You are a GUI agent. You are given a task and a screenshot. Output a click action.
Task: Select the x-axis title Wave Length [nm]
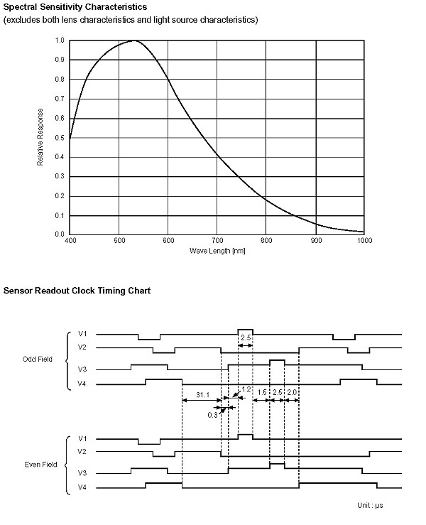tap(217, 251)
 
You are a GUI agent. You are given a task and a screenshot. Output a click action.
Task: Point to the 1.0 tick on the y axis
tap(60, 40)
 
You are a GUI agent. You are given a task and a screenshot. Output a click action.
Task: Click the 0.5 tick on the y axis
tap(60, 138)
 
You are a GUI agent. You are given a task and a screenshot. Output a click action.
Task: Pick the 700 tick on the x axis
tap(217, 242)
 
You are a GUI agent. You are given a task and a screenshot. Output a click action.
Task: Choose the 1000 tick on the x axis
tap(364, 242)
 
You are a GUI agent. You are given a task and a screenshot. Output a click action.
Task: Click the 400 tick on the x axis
tap(70, 242)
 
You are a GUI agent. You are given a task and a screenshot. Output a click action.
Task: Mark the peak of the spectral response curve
tap(134, 40)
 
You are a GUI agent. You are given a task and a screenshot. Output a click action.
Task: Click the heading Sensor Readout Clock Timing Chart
tap(77, 291)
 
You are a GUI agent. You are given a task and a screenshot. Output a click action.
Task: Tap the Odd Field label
tap(38, 359)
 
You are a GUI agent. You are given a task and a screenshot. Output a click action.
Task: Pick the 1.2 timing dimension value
tap(247, 390)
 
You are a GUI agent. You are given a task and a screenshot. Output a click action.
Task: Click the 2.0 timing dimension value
tap(291, 393)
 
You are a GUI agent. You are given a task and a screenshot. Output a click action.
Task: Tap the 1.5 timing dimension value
tap(261, 393)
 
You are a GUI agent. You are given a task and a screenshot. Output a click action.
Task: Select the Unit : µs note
tap(371, 506)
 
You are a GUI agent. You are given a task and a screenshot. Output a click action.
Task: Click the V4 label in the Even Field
tap(83, 487)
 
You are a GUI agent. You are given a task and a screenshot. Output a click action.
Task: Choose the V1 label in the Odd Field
tap(83, 332)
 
